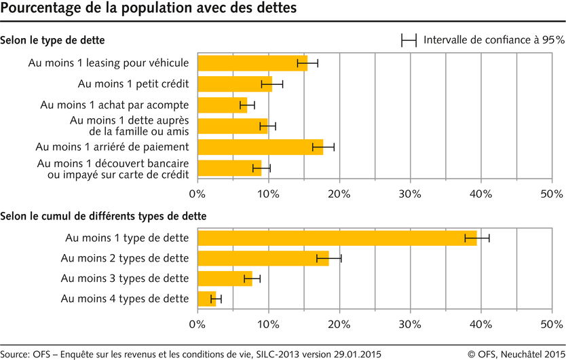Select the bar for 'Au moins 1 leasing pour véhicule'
[252, 63]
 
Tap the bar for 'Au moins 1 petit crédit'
[235, 84]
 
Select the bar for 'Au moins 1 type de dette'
[337, 238]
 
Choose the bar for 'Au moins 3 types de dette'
[225, 278]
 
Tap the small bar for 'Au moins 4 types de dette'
[206, 299]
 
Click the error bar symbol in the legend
[409, 40]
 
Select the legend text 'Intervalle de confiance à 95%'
[493, 40]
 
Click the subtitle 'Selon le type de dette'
[52, 41]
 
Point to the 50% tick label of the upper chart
[551, 194]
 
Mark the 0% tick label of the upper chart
[197, 194]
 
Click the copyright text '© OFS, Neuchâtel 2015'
[516, 353]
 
